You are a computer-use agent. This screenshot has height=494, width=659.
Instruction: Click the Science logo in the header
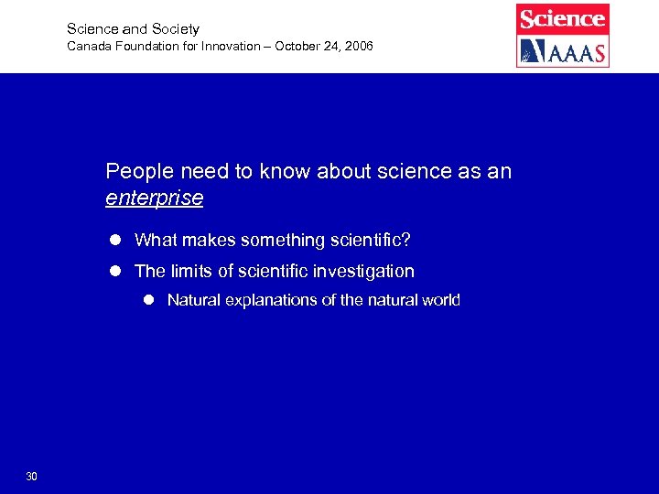(562, 18)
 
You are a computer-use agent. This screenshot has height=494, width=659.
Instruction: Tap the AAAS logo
(562, 51)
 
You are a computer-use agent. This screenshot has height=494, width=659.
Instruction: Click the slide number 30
(32, 476)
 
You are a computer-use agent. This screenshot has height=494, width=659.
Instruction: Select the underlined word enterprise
(154, 198)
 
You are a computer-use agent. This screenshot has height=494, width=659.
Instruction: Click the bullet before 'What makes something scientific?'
(116, 241)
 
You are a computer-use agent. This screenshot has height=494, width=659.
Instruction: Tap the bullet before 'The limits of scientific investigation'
(116, 272)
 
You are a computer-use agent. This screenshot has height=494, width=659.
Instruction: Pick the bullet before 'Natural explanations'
(149, 300)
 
